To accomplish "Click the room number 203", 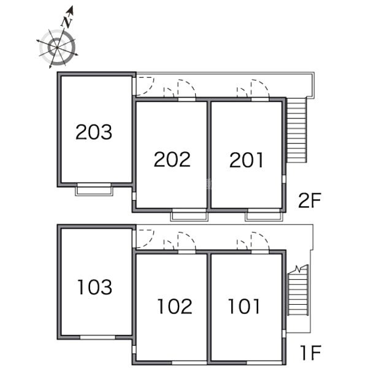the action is click(x=94, y=132).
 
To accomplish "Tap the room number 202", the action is click(x=172, y=159).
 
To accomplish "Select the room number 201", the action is click(x=246, y=160).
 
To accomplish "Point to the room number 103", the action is click(x=95, y=287).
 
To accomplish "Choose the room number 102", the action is click(x=175, y=306).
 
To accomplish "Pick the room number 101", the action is click(x=244, y=306).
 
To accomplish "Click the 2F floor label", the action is click(x=309, y=201).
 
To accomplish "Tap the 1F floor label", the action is click(x=311, y=353).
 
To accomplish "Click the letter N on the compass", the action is click(x=67, y=22).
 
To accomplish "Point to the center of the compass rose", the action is click(x=57, y=48).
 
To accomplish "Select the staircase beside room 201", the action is click(x=297, y=130).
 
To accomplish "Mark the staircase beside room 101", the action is click(x=298, y=291).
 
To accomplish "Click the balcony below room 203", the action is click(x=94, y=190).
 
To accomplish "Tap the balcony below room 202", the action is click(x=189, y=215).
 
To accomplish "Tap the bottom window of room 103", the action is click(x=98, y=337).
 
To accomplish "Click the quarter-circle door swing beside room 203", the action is click(x=150, y=88).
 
